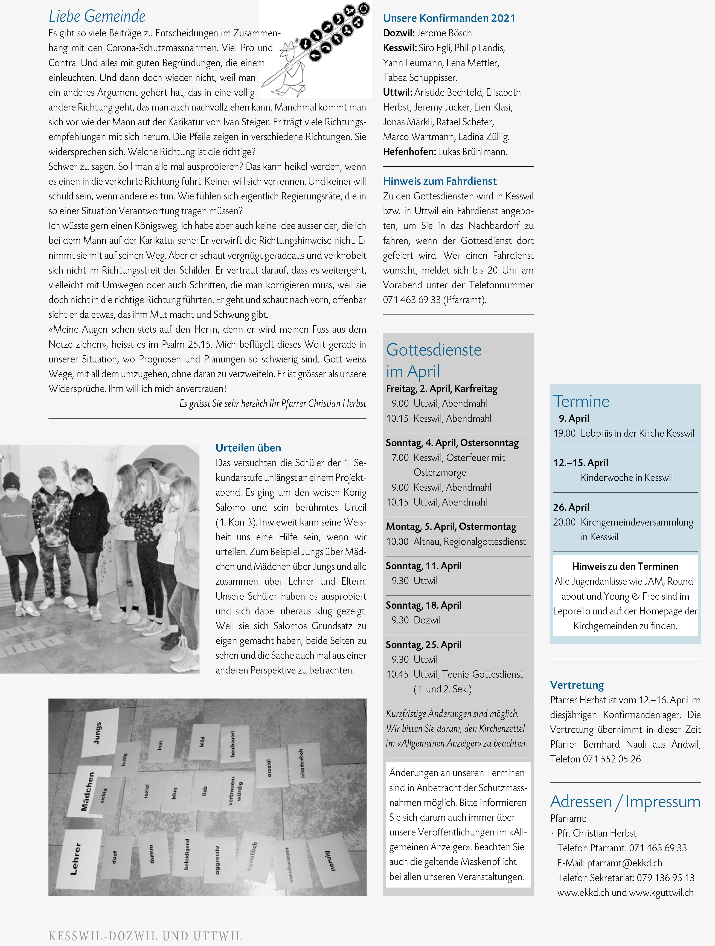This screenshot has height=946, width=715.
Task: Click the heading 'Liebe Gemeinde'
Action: point(97,16)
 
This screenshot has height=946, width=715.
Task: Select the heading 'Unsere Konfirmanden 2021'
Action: point(449,18)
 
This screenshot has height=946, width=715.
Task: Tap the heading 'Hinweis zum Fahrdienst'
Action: point(440,181)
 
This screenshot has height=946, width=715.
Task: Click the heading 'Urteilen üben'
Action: point(248,448)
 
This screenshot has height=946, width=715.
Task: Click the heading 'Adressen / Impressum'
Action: point(625,802)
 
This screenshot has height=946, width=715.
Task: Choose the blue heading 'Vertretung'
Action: point(577,685)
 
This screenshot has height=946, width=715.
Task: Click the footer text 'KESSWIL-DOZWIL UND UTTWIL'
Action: point(146,936)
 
